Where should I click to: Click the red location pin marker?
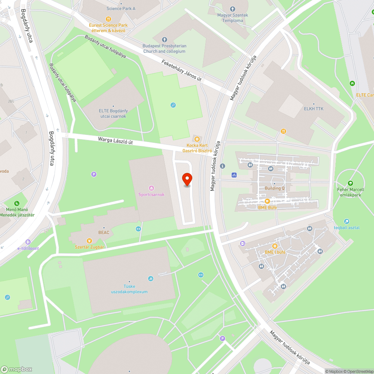click(187, 180)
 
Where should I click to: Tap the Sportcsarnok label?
click(151, 194)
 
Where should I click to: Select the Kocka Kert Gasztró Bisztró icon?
click(197, 139)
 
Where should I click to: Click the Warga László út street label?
click(116, 141)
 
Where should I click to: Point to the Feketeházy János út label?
click(181, 70)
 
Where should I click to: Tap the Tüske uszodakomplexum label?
click(129, 289)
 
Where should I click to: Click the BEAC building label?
click(104, 233)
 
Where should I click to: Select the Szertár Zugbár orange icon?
click(89, 241)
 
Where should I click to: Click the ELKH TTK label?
click(313, 109)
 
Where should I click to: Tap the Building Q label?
click(275, 188)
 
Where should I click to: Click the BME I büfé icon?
click(275, 246)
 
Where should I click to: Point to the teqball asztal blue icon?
click(347, 221)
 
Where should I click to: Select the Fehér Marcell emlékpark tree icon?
click(350, 183)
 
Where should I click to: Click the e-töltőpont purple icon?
click(28, 242)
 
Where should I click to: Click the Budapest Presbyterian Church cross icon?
click(165, 40)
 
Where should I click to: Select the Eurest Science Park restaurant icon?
click(108, 19)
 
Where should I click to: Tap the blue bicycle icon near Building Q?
click(234, 175)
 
